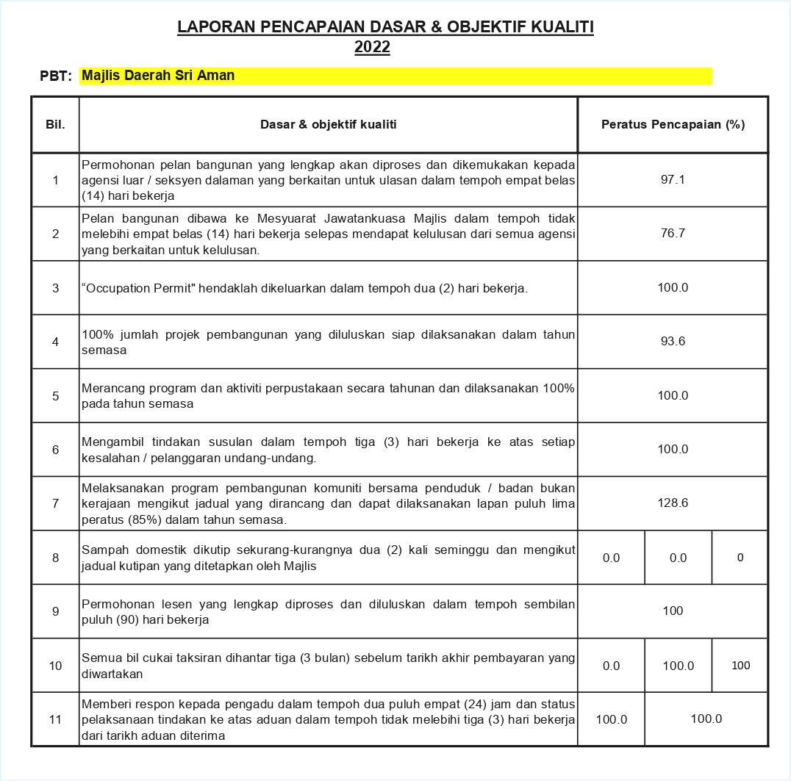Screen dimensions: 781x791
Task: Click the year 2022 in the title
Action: [x=372, y=48]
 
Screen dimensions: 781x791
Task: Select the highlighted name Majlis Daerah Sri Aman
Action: [x=158, y=75]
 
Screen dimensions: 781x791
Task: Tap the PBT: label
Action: [x=56, y=76]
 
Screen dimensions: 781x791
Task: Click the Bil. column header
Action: [x=55, y=125]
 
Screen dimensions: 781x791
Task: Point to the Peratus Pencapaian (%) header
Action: [x=673, y=125]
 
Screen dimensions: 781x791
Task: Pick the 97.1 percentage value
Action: [x=673, y=179]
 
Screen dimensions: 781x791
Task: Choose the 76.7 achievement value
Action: [x=673, y=234]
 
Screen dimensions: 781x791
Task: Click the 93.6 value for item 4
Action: [x=673, y=342]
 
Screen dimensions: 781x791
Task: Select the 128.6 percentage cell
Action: [x=673, y=503]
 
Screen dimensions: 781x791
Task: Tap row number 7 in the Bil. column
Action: [x=55, y=503]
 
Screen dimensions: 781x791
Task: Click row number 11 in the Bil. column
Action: [x=55, y=719]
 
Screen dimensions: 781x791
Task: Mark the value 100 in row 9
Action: [x=673, y=611]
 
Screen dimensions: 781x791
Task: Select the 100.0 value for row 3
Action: [x=673, y=287]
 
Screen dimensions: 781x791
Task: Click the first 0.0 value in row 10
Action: [x=611, y=666]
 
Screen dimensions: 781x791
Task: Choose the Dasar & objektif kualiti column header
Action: [x=328, y=125]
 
